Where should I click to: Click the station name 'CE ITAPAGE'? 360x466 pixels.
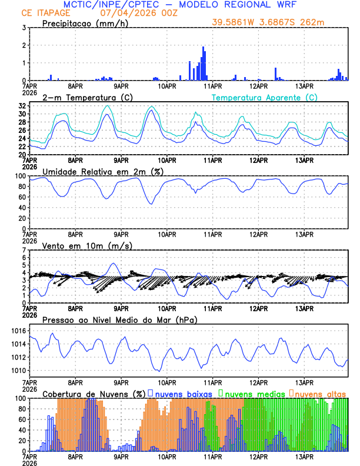[x=44, y=12]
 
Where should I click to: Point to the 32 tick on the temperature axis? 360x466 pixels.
[x=22, y=106]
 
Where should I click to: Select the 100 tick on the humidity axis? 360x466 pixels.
[x=19, y=176]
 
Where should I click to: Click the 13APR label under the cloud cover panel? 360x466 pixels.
[x=304, y=456]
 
